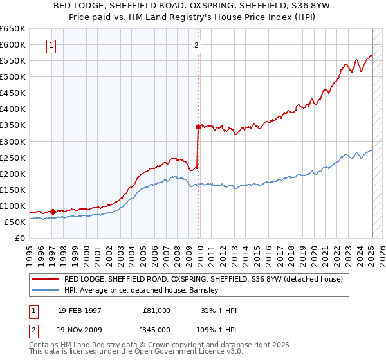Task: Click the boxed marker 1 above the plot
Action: coord(51,45)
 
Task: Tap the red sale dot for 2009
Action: coord(198,127)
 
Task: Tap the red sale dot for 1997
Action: coord(53,212)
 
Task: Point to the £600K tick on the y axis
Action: coord(13,45)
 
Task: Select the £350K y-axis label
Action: coord(13,125)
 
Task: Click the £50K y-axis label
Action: coord(15,222)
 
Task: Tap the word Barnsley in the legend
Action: coord(205,290)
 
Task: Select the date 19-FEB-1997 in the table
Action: coord(79,310)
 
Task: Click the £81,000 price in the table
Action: coord(157,310)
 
